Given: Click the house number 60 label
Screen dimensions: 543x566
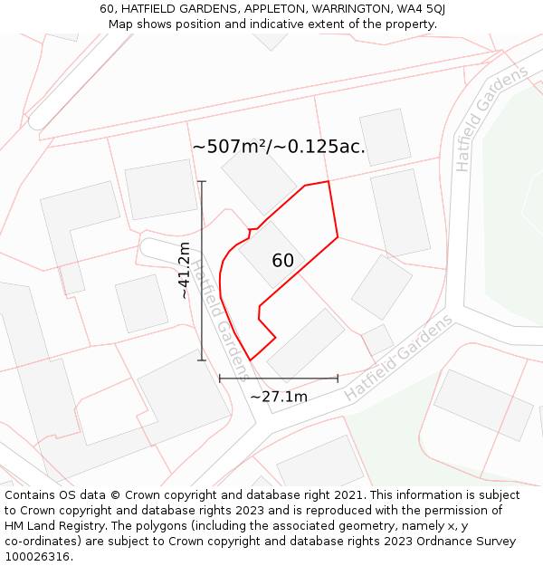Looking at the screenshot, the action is [282, 261].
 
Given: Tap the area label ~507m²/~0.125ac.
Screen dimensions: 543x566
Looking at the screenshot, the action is [279, 147].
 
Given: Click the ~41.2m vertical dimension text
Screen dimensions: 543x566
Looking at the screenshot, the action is [185, 271].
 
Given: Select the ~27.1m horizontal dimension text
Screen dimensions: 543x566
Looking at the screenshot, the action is [279, 397].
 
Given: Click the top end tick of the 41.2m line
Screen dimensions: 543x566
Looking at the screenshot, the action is [202, 181].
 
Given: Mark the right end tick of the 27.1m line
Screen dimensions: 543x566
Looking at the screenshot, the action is [338, 379].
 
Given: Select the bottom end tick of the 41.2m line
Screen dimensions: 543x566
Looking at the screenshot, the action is [202, 360].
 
